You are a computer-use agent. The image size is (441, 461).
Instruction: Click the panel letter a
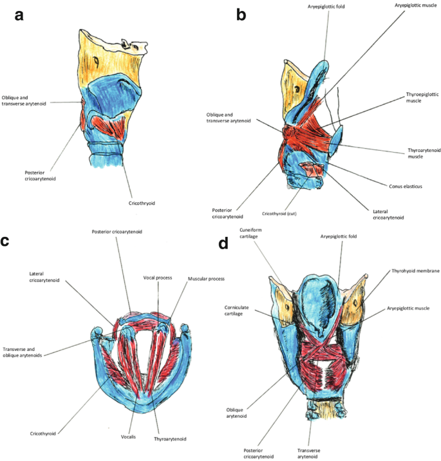(x=19, y=16)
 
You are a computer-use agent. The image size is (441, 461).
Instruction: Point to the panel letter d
(x=225, y=245)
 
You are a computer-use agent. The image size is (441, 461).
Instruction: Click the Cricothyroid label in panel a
(x=142, y=203)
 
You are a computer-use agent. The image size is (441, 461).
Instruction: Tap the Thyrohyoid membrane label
(x=415, y=272)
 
